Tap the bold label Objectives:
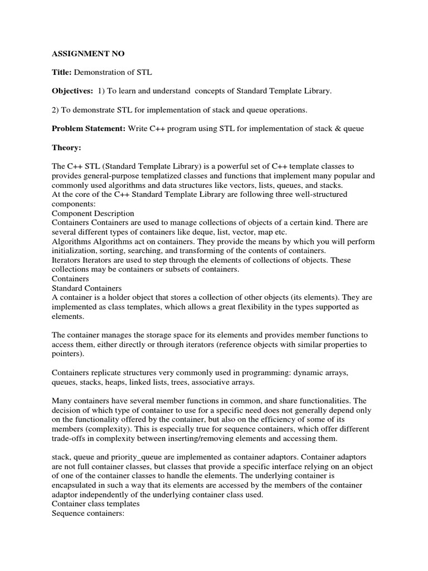coord(72,91)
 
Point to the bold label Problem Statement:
coord(88,128)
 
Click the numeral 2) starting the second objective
coord(56,110)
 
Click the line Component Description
coord(93,213)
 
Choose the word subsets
coord(167,269)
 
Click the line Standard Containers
coord(86,288)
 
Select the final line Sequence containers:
coord(89,514)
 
